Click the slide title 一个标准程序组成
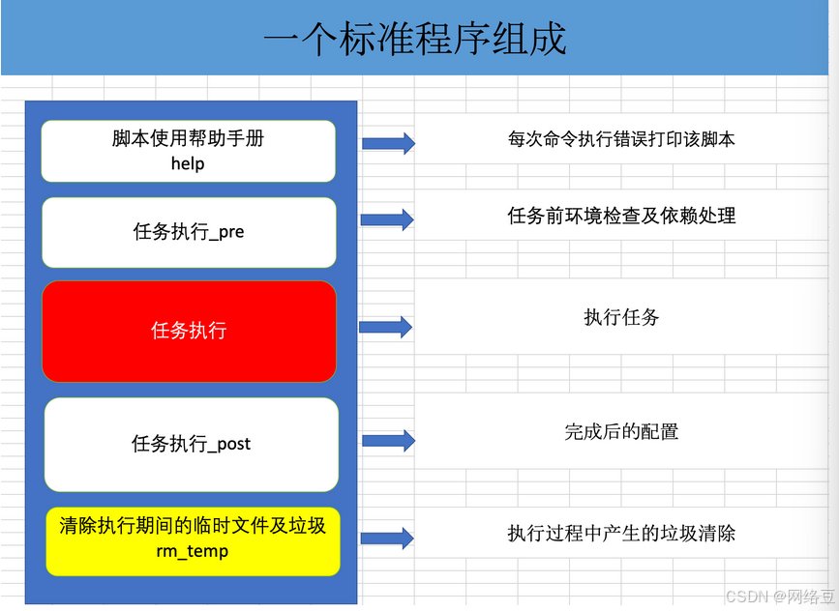pos(414,39)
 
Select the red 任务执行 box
pos(189,331)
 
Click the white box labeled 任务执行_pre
pos(189,232)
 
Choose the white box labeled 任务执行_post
pos(192,444)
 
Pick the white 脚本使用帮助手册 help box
pos(188,151)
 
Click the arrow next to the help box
pos(388,143)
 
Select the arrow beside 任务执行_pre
pos(387,220)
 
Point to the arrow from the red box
pos(386,327)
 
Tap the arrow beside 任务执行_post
pos(388,441)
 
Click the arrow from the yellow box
pos(388,537)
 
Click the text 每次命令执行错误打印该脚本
pos(621,139)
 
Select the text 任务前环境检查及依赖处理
pos(621,216)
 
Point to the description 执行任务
pos(621,317)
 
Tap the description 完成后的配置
pos(621,431)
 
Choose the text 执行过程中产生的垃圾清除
pos(621,533)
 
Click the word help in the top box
pos(188,163)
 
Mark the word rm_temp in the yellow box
pos(193,551)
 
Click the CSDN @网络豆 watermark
pos(777,596)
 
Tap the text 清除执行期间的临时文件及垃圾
pos(193,526)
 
